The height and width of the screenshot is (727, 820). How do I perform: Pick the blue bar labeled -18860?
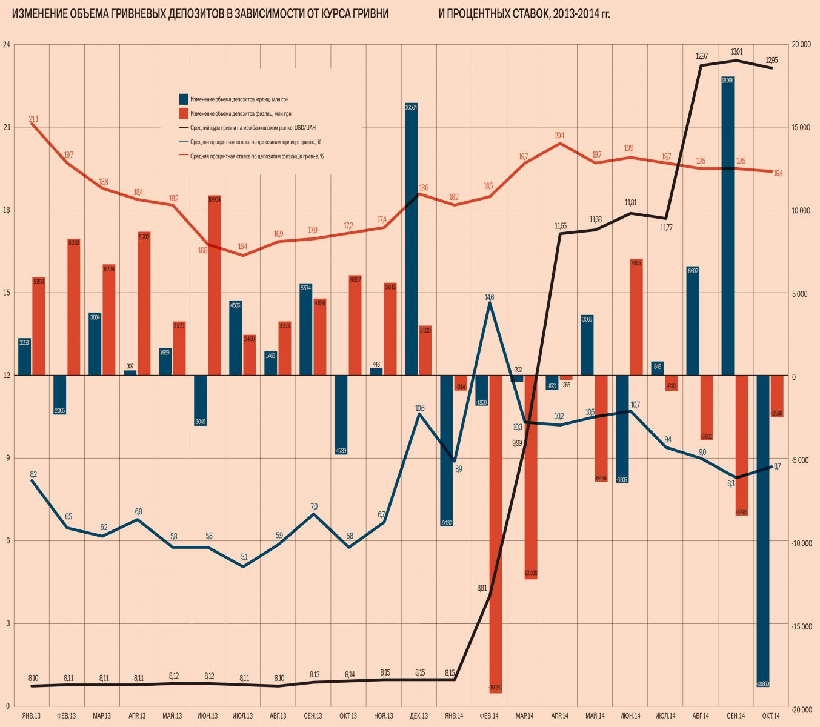(x=763, y=530)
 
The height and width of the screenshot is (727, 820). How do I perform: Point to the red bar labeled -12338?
(x=531, y=477)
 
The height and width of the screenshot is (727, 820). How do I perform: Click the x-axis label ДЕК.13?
(x=418, y=716)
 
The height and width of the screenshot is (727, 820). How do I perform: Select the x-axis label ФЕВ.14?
(x=488, y=716)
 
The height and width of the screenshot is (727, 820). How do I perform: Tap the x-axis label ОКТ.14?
(x=770, y=716)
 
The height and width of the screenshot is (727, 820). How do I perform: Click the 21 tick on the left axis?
(x=7, y=127)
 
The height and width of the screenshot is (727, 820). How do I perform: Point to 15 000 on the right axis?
(x=801, y=127)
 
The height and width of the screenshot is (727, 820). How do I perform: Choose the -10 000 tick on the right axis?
(x=801, y=543)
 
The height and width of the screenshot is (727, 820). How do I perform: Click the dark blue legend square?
(x=184, y=99)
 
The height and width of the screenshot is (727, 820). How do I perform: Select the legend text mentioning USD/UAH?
(x=253, y=128)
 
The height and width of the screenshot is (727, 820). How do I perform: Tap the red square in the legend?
(x=184, y=113)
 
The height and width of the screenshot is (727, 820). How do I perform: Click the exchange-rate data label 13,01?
(x=737, y=52)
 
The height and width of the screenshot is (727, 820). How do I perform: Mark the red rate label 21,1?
(x=33, y=119)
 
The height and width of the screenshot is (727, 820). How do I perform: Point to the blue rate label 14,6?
(x=490, y=297)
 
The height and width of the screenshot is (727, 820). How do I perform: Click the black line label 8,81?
(x=482, y=588)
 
